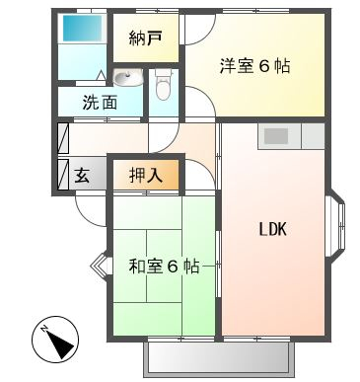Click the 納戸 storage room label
[x=145, y=38]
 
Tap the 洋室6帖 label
[x=254, y=66]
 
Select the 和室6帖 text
[x=164, y=267]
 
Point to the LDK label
[x=273, y=229]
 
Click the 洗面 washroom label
[x=100, y=103]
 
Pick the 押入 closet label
[x=146, y=175]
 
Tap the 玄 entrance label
[x=82, y=175]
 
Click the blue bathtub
[x=82, y=28]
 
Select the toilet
[x=163, y=84]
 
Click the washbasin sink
[x=128, y=78]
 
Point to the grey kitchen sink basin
[x=276, y=136]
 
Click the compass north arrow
[x=60, y=344]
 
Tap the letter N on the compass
[x=43, y=329]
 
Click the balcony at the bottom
[x=218, y=358]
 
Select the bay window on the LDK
[x=335, y=225]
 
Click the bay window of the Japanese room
[x=99, y=265]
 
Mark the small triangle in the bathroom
[x=102, y=75]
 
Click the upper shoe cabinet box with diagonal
[x=63, y=138]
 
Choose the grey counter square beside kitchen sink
[x=313, y=136]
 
